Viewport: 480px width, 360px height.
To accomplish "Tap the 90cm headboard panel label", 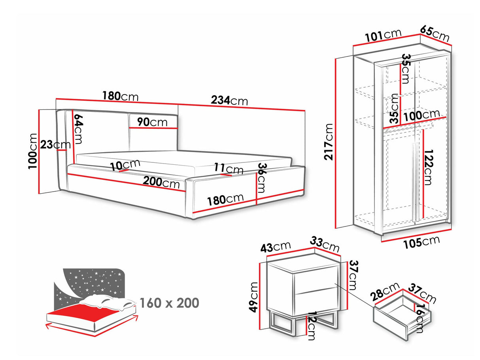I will (153, 122).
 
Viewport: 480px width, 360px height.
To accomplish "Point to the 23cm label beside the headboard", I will (55, 145).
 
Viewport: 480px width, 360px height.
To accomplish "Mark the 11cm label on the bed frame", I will (229, 169).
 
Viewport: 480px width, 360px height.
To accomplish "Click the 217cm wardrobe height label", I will (328, 141).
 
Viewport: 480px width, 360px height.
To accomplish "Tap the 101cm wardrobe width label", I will (383, 36).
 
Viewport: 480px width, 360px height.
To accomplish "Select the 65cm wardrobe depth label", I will (435, 34).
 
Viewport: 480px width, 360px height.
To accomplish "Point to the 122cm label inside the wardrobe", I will (427, 167).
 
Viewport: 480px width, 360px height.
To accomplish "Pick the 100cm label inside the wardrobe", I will (421, 115).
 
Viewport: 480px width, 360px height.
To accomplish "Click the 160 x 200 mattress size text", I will (169, 303).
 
